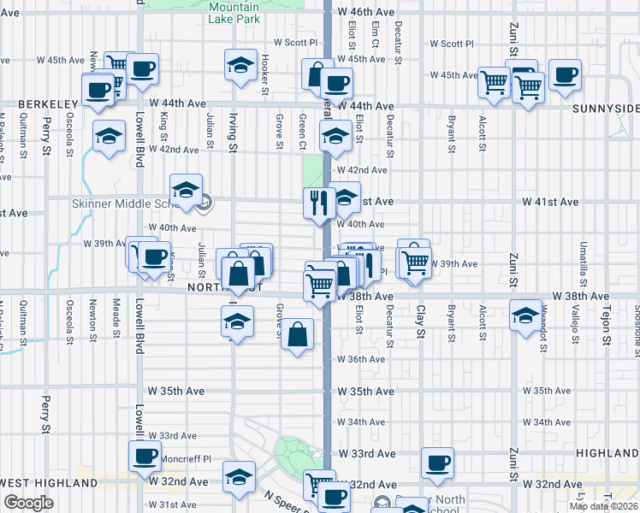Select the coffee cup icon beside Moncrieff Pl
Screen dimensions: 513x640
[144, 457]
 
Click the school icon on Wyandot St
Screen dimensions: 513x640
[525, 315]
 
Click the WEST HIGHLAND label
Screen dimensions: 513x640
[49, 483]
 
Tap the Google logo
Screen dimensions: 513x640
[27, 503]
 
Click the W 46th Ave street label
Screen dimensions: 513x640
[365, 12]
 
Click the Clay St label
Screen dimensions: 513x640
[421, 321]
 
